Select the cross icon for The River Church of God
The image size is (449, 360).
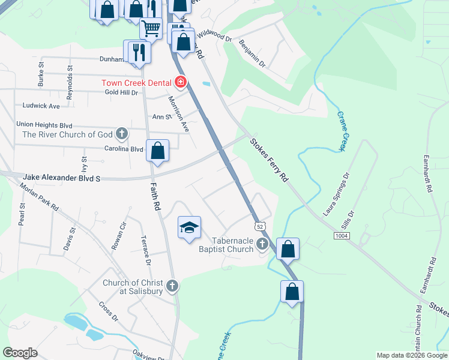(122, 133)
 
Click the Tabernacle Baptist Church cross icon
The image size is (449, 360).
(262, 243)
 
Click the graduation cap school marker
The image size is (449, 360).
(189, 228)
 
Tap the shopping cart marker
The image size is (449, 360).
(151, 28)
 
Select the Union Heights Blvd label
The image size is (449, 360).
(44, 124)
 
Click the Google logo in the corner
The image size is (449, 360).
(20, 352)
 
